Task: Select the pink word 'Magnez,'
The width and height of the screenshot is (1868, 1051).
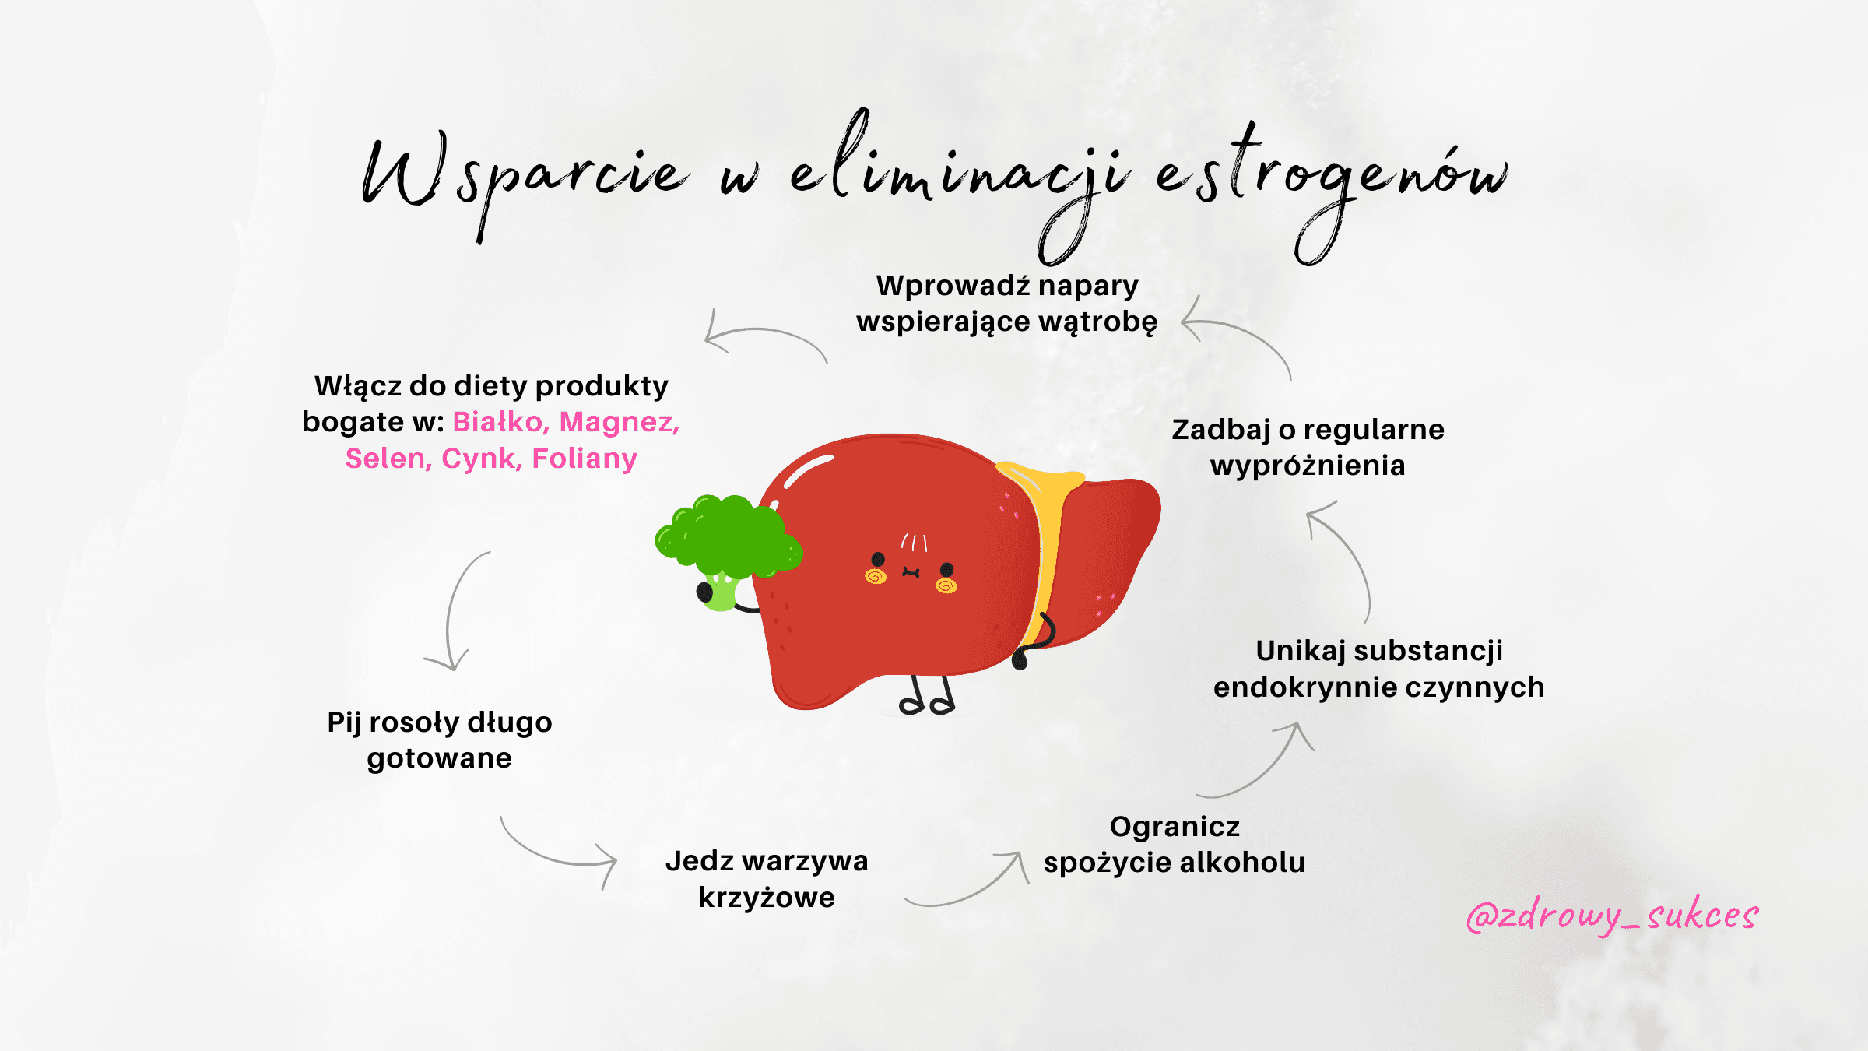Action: [x=620, y=422]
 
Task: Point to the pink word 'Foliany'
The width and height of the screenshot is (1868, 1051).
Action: [x=585, y=459]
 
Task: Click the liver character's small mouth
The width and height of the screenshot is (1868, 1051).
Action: [x=911, y=573]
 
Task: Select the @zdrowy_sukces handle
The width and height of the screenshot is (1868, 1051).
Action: [x=1611, y=916]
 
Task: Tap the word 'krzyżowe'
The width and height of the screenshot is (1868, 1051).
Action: [x=767, y=898]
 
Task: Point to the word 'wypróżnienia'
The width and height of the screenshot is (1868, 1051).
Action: [x=1308, y=466]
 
